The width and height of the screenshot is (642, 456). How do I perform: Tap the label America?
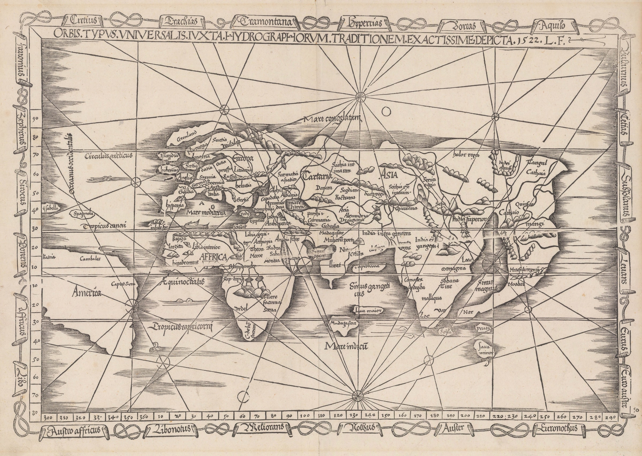point(86,293)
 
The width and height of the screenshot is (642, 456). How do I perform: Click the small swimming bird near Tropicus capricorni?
point(156,347)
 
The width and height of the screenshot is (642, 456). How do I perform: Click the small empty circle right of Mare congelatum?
point(386,111)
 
